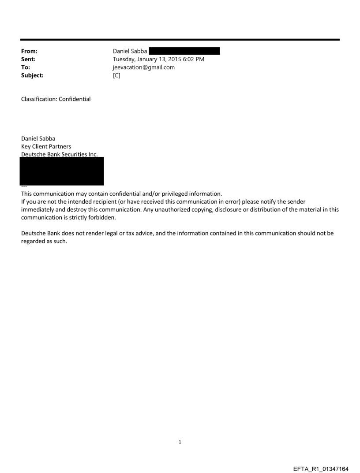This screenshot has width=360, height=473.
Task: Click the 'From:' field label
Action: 29,51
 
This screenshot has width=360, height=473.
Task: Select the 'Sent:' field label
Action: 28,59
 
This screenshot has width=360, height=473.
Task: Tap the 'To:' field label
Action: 26,67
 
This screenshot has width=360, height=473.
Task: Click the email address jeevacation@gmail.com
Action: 144,67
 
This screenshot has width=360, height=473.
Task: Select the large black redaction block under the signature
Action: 62,171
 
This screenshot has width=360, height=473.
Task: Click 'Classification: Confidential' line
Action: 56,99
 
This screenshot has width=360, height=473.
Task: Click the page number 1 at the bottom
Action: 180,442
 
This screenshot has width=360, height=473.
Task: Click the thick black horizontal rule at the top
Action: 180,40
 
